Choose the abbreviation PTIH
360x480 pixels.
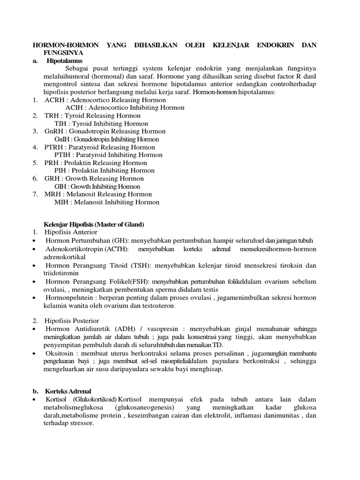62,155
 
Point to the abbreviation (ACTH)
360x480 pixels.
117,248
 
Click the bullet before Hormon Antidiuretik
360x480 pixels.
35,329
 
